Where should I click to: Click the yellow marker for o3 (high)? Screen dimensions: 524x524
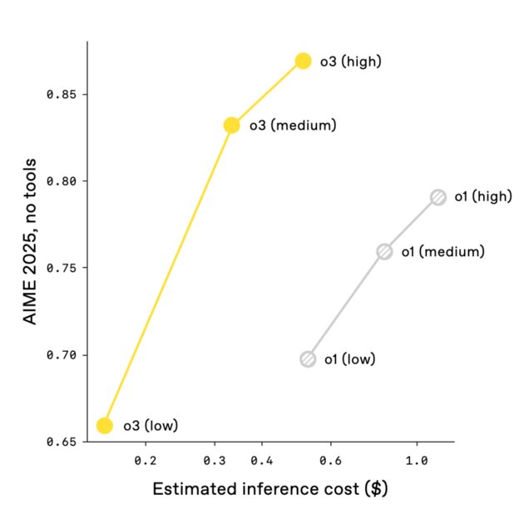[x=304, y=61]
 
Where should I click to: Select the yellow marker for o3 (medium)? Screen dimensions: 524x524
[x=232, y=126]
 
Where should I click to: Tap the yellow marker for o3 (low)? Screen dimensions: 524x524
[x=105, y=426]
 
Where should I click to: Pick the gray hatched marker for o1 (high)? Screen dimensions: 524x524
[x=438, y=197]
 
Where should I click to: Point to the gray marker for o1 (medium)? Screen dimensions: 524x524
[x=384, y=251]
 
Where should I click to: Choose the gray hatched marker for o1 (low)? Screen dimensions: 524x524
[x=308, y=359]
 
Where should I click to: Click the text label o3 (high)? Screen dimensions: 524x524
[x=350, y=61]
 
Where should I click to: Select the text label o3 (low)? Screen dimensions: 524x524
[x=151, y=426]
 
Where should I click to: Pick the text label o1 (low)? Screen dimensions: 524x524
[x=349, y=359]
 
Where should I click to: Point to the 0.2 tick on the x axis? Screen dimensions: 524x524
[x=146, y=459]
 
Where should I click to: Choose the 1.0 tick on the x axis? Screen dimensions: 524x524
[x=416, y=459]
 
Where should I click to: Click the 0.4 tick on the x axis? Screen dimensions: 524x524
[x=262, y=459]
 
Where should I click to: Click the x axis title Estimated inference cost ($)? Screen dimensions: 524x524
[x=270, y=489]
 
